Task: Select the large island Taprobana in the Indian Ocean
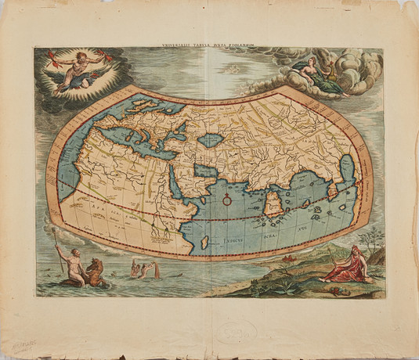click(x=273, y=206)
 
